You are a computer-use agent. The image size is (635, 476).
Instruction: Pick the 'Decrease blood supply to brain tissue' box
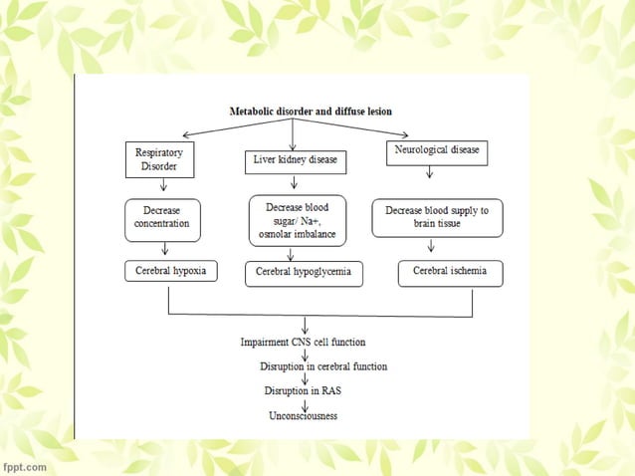click(437, 218)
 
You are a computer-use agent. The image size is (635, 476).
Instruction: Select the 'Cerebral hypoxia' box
click(170, 271)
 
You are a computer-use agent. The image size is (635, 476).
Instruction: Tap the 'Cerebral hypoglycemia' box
click(303, 272)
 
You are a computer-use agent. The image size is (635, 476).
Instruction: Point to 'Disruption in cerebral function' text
click(323, 365)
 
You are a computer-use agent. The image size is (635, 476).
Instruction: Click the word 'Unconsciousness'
click(304, 415)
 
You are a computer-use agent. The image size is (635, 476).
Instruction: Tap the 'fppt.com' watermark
click(24, 465)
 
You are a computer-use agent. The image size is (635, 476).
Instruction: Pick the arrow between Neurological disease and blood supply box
click(429, 175)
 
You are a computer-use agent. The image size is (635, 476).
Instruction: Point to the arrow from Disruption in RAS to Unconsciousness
click(304, 403)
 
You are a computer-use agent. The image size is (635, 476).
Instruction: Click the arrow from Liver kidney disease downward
click(294, 183)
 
